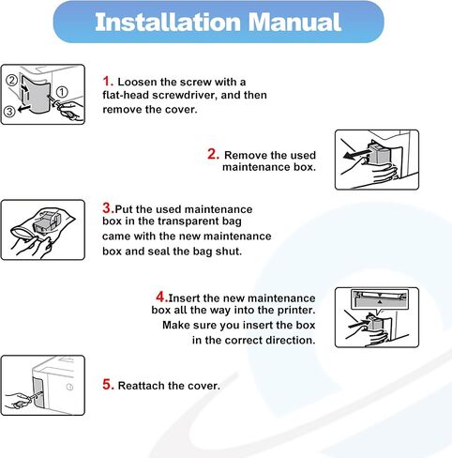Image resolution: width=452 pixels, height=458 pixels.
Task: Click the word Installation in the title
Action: [168, 23]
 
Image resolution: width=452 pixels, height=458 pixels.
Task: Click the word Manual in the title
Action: [294, 23]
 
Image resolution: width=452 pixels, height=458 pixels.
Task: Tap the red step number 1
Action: [108, 81]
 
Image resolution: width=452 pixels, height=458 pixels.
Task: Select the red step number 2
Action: [214, 154]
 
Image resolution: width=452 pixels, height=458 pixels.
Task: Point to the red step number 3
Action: [109, 207]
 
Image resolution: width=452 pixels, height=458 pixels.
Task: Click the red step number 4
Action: [162, 297]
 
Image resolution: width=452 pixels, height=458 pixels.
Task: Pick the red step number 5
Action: [108, 384]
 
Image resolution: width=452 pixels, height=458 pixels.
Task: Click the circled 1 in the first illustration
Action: [62, 92]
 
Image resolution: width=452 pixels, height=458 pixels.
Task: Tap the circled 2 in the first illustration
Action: [12, 81]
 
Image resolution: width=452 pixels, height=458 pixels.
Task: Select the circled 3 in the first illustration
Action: [9, 111]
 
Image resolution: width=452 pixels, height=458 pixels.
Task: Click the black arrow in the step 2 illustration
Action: [356, 154]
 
